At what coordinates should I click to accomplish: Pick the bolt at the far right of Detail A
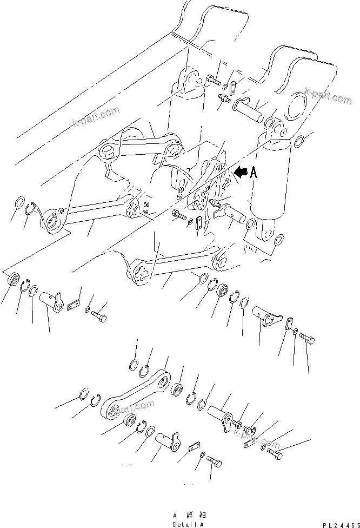tap(275, 456)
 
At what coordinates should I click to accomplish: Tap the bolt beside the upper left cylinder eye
tap(212, 82)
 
